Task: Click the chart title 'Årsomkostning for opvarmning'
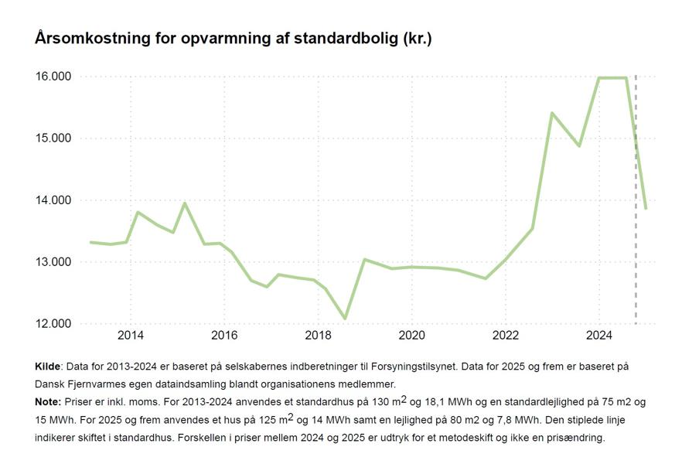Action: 233,38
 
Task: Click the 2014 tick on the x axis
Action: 130,336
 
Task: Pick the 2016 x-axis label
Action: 224,336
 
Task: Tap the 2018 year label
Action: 318,336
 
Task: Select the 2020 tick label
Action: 411,336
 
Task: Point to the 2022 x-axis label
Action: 505,336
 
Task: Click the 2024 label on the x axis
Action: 599,336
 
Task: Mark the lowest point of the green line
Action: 345,318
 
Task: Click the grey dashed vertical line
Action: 636,232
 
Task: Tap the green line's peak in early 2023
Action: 552,113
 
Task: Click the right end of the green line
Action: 646,208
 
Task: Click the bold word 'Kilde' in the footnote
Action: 48,366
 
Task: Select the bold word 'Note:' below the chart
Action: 48,402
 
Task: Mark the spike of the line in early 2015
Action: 184,203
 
